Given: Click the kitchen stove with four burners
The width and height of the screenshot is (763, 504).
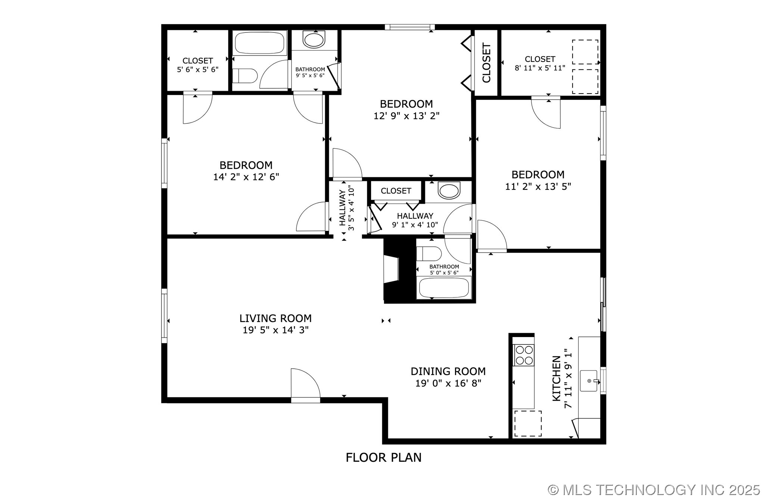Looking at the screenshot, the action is coord(524,355).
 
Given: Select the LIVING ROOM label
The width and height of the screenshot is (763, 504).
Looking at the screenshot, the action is coord(275,318).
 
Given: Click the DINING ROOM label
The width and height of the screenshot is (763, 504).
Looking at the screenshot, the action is coord(448,371).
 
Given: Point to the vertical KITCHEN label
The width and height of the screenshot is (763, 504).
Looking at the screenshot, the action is coord(556,378).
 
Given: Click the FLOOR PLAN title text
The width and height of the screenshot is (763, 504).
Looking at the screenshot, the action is coord(383,457).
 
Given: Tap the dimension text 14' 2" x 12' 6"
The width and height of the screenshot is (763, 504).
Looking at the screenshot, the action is coord(246,177).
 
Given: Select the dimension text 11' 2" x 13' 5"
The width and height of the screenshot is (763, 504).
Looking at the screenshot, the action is coord(538,186).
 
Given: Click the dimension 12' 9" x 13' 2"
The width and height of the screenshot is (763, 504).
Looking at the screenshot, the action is coord(407,116).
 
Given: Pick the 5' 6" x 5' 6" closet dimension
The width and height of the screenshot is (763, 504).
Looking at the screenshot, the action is coord(197,69).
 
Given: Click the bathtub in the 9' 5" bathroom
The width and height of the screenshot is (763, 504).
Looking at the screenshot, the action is coord(259,43).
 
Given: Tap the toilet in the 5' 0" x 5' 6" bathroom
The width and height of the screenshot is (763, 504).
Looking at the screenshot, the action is coord(429,253).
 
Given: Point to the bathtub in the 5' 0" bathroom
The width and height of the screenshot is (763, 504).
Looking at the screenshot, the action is coord(444,287).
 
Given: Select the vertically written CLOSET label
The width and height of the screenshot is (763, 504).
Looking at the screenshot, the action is coord(486,63).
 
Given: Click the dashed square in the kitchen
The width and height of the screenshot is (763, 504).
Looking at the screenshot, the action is coord(528,423).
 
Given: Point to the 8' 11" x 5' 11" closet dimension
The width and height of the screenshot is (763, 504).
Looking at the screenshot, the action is coord(540,68).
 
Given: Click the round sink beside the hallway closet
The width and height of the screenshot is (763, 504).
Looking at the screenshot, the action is coord(449,191).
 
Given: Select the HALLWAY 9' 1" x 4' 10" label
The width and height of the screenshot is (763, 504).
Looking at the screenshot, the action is coord(415,220).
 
